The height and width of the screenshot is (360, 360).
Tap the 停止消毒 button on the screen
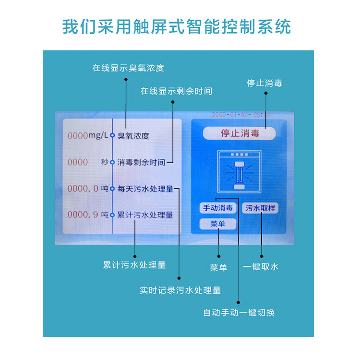point(239,133)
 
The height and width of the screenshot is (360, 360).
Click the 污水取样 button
point(261,208)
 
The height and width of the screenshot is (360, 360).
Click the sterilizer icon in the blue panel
point(239,173)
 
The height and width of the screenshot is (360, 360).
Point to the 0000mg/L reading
point(88,136)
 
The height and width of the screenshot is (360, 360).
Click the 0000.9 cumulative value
point(83,215)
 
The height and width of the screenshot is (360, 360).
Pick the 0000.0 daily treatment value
point(83,189)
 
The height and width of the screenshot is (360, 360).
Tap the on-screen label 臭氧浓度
point(133,136)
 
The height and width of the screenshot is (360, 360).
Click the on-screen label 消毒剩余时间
point(141,162)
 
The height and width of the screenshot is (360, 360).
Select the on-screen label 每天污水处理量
point(145,189)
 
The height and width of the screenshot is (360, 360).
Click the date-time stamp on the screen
point(240,115)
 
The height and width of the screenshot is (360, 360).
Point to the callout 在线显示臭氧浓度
point(128,68)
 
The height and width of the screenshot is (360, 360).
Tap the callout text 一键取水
point(261,267)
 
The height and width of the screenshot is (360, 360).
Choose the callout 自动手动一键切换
point(239,313)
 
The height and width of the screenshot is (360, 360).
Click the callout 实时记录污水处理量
point(180,290)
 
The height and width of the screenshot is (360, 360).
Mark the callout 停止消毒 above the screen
point(264,83)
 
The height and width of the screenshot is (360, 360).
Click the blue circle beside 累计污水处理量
point(112,215)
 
